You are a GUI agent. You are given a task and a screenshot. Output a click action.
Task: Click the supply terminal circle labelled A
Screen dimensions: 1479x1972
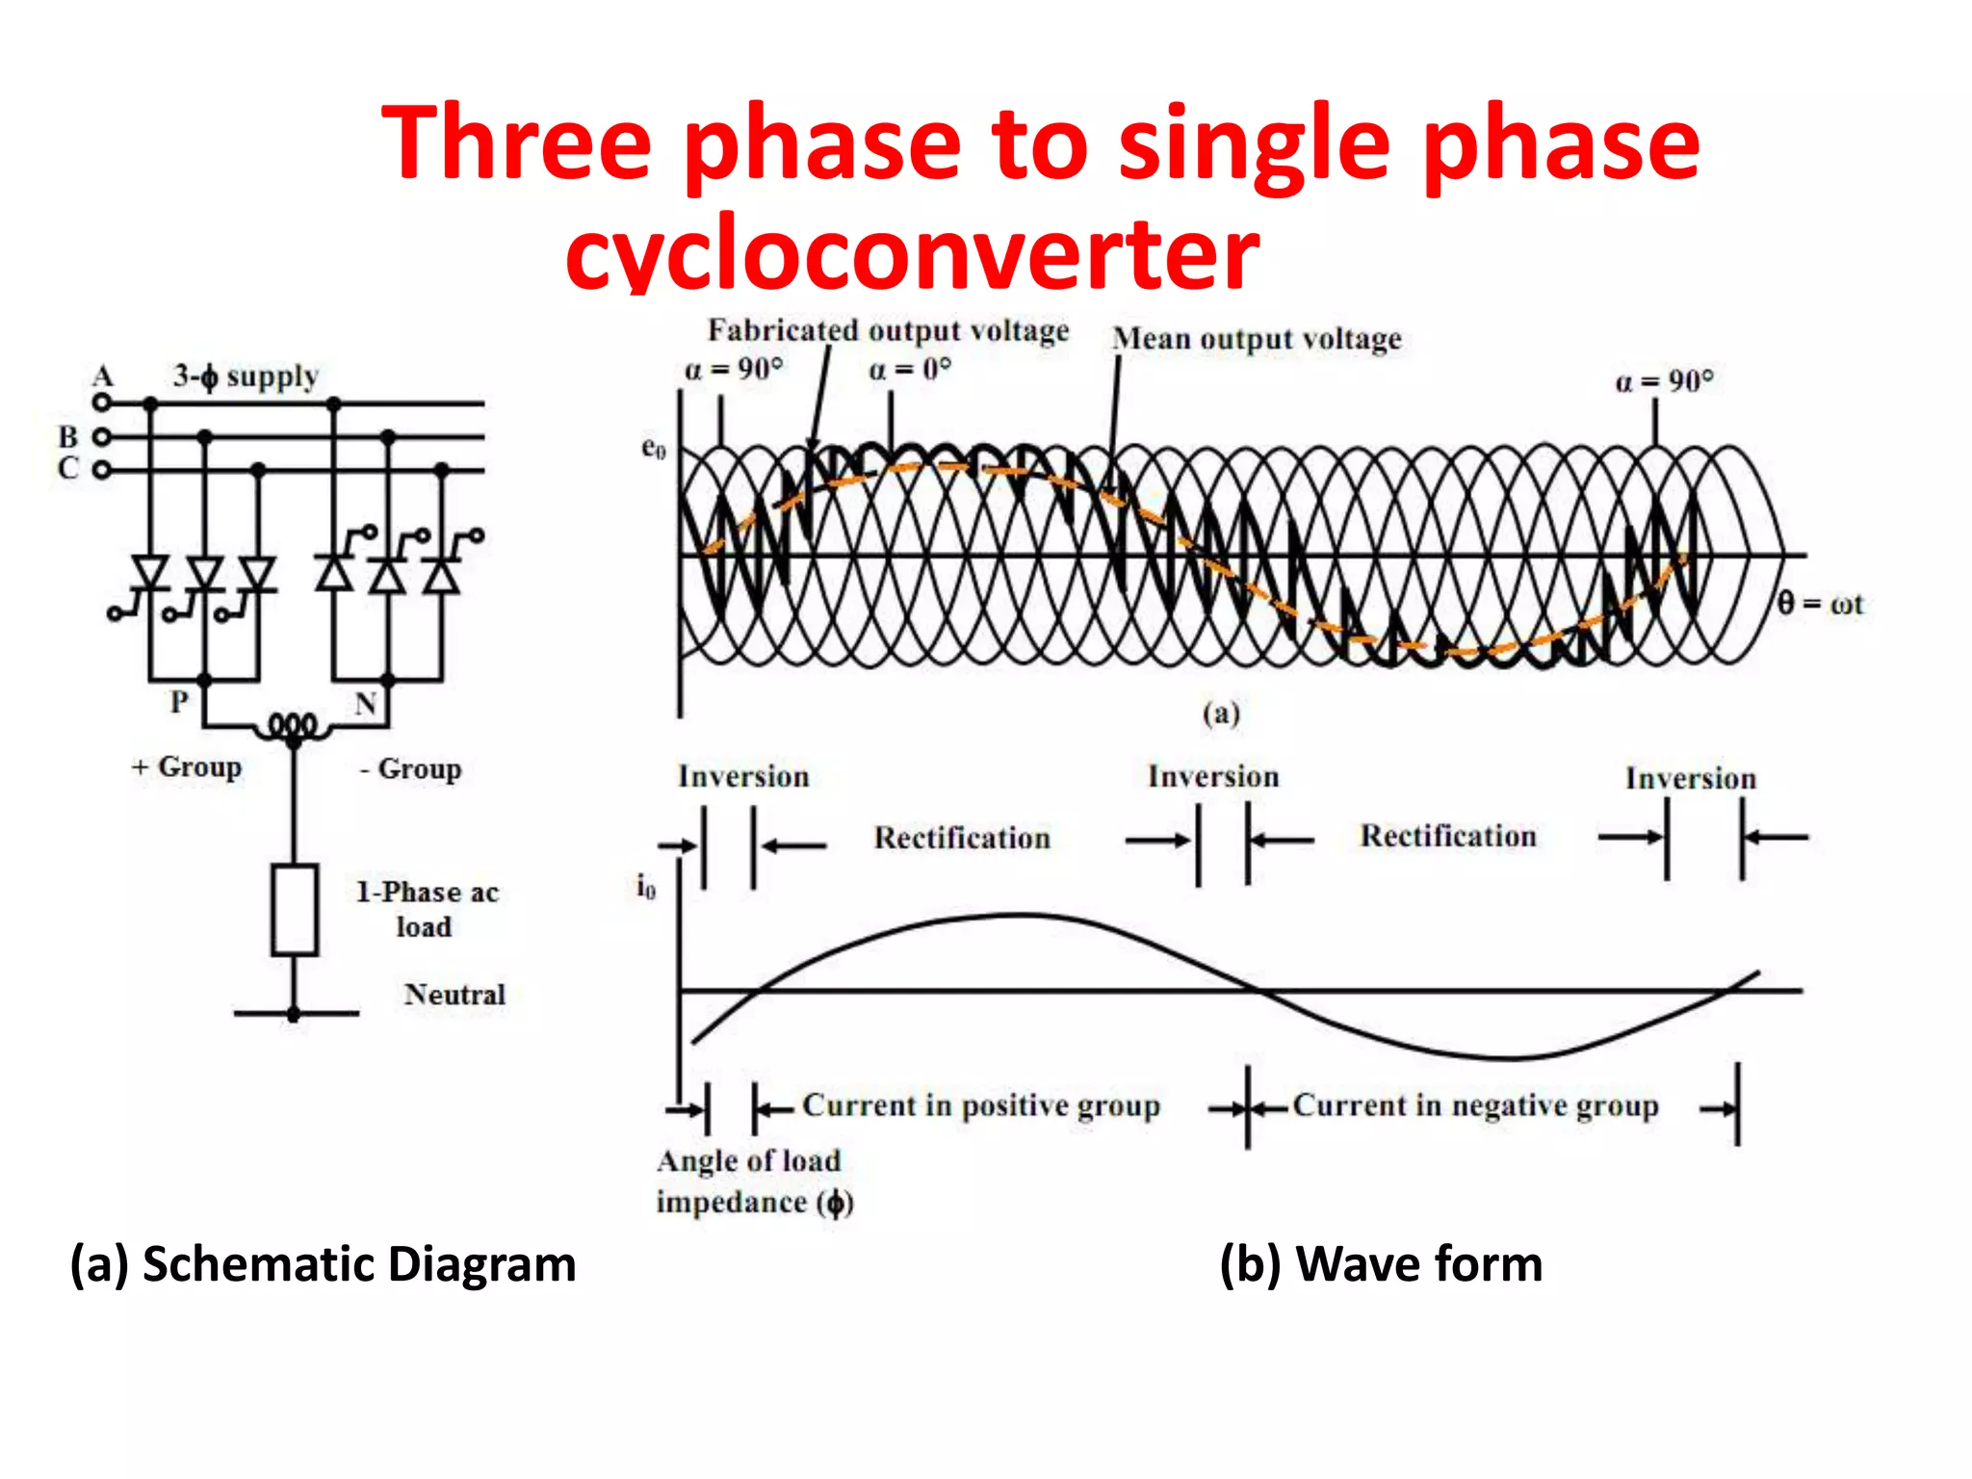pyautogui.click(x=101, y=402)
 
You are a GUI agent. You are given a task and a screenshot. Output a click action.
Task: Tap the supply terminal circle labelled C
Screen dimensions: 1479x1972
pyautogui.click(x=101, y=470)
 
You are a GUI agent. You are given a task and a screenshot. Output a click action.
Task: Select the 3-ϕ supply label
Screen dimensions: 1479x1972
pyautogui.click(x=246, y=376)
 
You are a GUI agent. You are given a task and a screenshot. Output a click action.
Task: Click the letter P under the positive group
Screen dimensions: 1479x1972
pyautogui.click(x=179, y=702)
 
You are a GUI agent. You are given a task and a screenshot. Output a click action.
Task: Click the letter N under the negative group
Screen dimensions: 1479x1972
pyautogui.click(x=365, y=704)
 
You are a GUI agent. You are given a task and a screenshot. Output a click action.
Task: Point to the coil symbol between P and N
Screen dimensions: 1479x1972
pyautogui.click(x=293, y=726)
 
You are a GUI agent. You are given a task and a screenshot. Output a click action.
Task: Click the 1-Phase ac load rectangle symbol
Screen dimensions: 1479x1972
pyautogui.click(x=294, y=910)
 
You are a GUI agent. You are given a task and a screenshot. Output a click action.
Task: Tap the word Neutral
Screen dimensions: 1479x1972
pyautogui.click(x=454, y=994)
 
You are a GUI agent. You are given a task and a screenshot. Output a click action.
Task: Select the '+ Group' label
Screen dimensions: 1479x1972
pyautogui.click(x=187, y=766)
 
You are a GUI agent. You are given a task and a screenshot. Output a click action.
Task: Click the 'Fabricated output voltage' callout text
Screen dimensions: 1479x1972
pyautogui.click(x=888, y=330)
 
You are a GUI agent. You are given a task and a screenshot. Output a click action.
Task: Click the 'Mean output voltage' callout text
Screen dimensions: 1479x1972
pyautogui.click(x=1257, y=339)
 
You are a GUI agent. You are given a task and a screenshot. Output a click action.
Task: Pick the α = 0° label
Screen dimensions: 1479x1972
pyautogui.click(x=909, y=370)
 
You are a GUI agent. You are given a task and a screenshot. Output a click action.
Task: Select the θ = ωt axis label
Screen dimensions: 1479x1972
pyautogui.click(x=1820, y=604)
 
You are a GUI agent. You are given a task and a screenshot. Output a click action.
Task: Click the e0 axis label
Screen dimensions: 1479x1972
pyautogui.click(x=653, y=448)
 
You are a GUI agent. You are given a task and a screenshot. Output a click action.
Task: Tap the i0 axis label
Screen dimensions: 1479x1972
pyautogui.click(x=645, y=886)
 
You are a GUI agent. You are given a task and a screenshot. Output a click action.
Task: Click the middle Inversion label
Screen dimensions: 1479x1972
pyautogui.click(x=1213, y=776)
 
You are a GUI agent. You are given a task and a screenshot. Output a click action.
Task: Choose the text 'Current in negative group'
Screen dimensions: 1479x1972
pyautogui.click(x=1475, y=1105)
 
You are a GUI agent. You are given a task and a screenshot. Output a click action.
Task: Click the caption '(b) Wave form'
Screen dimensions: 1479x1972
pyautogui.click(x=1380, y=1263)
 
